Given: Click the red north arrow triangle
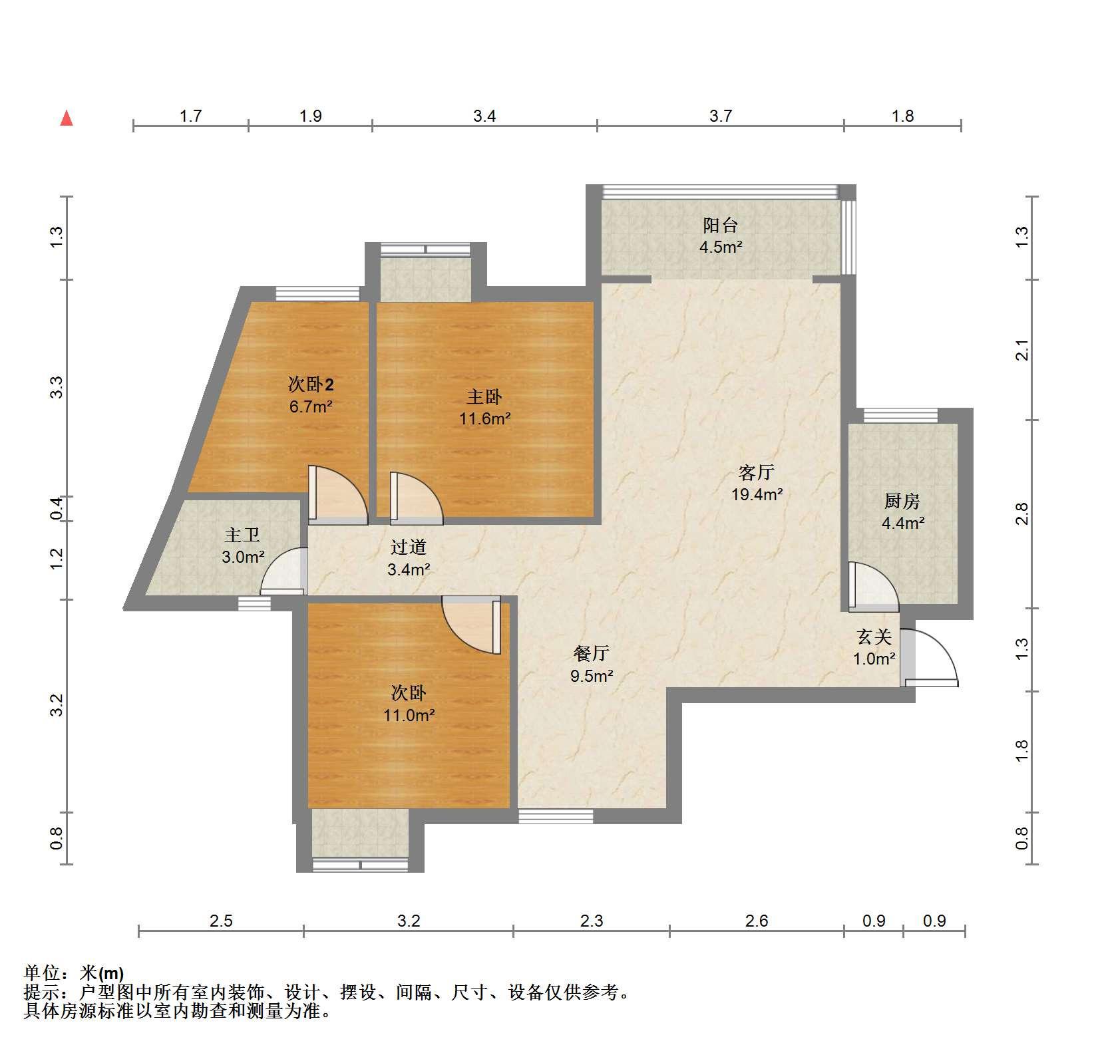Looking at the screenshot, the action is (67, 118).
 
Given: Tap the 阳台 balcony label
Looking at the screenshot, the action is (721, 225).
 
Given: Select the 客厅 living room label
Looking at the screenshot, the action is (757, 472).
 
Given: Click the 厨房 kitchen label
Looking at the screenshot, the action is (902, 501).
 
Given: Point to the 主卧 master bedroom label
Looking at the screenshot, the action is (484, 397).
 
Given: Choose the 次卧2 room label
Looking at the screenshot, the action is (311, 384).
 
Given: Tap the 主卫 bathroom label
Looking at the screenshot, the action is (242, 535).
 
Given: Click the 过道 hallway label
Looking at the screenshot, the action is (408, 547).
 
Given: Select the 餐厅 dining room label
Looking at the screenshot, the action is (592, 653).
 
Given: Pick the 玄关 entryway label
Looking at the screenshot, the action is (874, 637).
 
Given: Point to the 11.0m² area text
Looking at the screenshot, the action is (409, 716).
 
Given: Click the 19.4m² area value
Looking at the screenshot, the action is (757, 494).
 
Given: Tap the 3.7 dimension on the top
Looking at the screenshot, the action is (721, 116).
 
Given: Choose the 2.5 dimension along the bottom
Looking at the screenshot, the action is (221, 921).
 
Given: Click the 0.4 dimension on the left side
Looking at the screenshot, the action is (57, 509).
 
